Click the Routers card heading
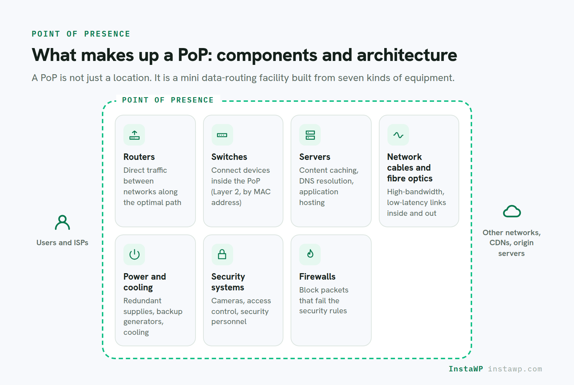139,157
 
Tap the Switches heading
229,157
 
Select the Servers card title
315,157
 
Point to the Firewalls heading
317,276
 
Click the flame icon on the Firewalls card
310,254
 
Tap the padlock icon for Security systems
222,254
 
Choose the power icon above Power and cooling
134,255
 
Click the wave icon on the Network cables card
398,135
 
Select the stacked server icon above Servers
310,135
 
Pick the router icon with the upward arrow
134,135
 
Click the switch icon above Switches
222,135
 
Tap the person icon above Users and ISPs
62,223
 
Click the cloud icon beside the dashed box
512,211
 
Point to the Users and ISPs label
62,242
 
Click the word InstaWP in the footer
466,369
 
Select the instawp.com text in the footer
515,369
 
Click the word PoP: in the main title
195,55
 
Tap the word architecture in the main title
407,55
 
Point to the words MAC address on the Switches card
241,197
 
